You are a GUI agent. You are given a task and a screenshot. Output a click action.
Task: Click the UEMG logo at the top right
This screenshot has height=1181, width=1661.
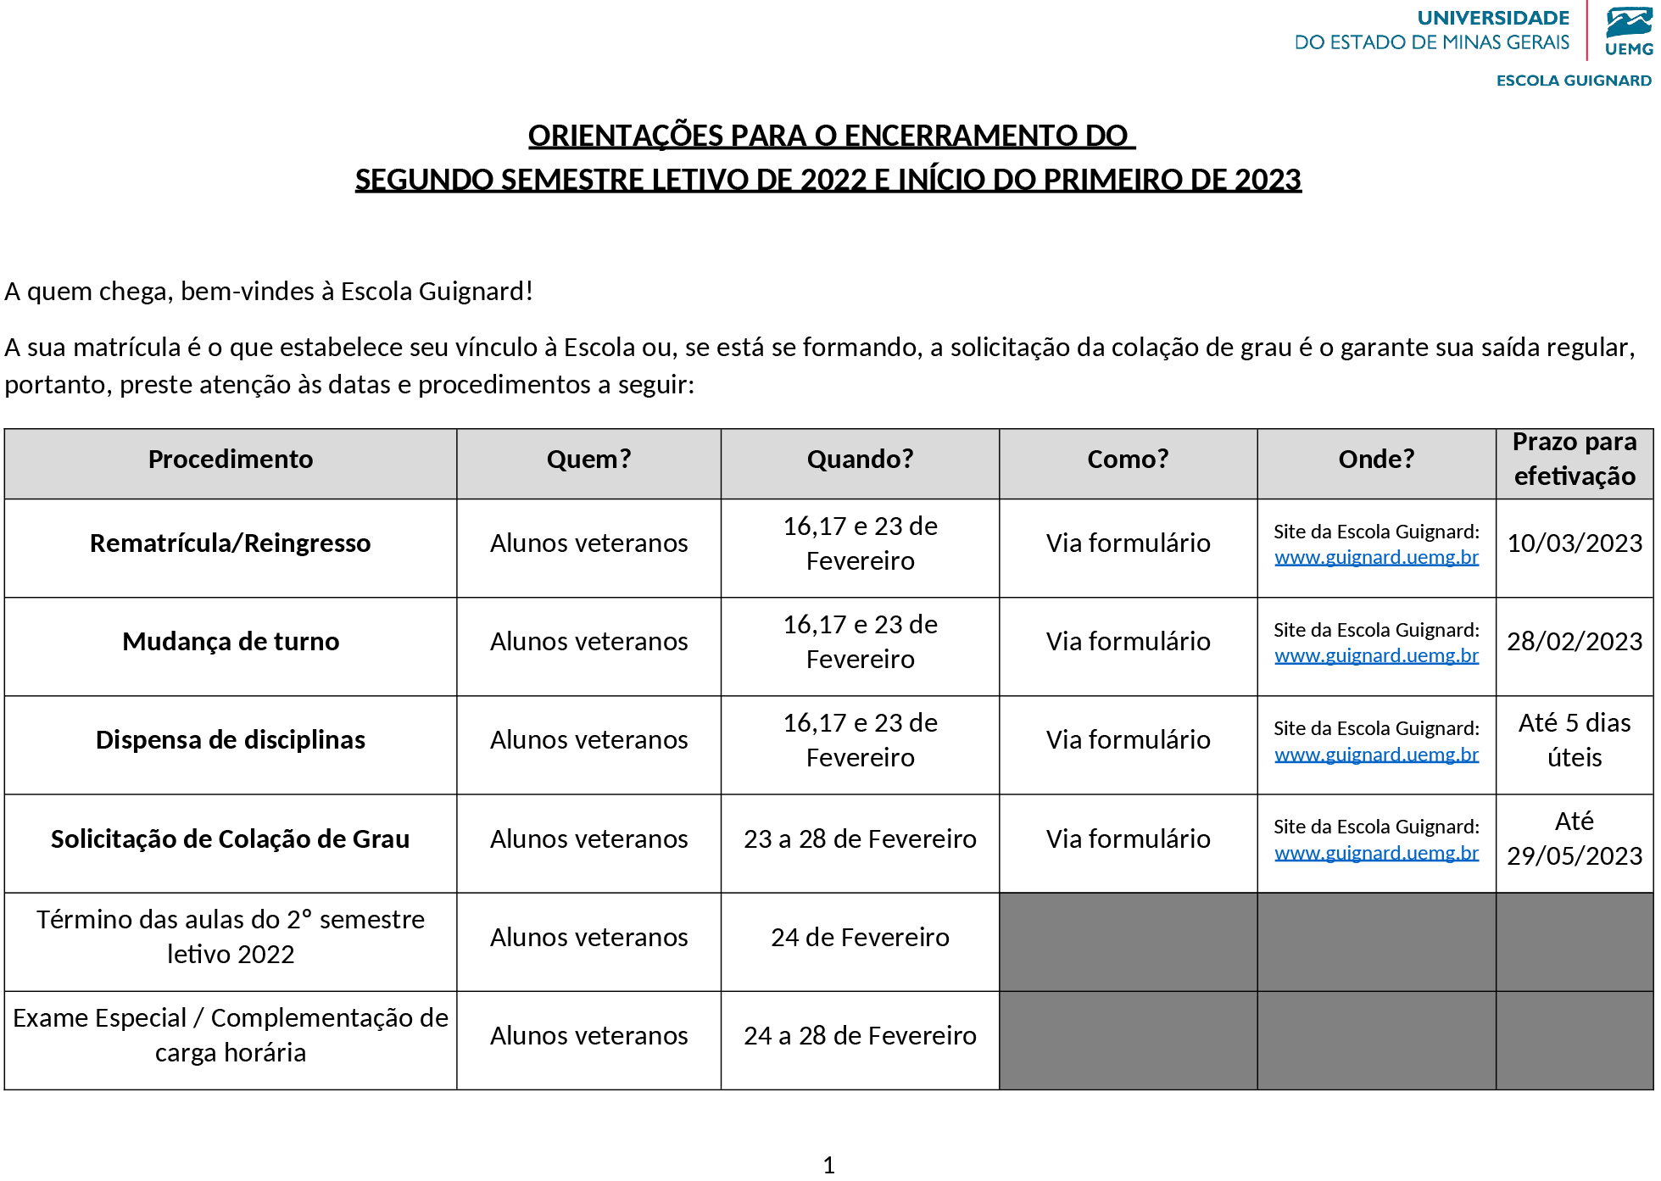(1629, 32)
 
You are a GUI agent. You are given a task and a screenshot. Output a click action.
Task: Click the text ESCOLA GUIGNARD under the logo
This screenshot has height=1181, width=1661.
(1574, 81)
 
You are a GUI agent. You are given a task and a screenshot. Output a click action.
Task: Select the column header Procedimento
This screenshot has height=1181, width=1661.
(231, 460)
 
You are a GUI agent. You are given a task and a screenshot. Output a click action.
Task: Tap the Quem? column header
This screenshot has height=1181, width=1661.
(588, 460)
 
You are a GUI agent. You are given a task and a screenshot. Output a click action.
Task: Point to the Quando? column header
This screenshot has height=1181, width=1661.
(860, 460)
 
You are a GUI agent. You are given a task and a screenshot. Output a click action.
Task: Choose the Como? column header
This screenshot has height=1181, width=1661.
(1128, 460)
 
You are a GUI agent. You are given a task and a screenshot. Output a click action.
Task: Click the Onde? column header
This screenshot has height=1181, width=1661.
(1376, 460)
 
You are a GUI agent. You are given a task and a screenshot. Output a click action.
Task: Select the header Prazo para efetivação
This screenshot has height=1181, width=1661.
(1575, 459)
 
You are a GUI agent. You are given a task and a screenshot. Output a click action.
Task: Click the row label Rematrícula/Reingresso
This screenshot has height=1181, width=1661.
(231, 543)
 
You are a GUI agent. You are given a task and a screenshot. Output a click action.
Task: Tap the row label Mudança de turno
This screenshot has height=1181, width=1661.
(231, 642)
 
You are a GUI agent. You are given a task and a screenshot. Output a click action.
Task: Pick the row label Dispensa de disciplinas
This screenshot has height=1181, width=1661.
(231, 740)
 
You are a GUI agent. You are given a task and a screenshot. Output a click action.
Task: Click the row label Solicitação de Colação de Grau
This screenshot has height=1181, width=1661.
(231, 839)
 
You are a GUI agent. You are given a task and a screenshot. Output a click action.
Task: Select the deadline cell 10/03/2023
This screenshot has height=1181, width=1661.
(1575, 543)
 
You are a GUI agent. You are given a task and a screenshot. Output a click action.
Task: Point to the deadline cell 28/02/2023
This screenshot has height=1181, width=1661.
(1575, 642)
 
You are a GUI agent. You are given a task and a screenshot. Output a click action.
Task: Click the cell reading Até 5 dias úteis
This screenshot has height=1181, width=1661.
(1575, 740)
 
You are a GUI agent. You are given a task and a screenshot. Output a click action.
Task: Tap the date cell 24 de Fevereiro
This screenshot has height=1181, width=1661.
(860, 938)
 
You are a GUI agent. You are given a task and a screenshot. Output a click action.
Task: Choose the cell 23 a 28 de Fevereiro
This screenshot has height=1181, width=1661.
(860, 839)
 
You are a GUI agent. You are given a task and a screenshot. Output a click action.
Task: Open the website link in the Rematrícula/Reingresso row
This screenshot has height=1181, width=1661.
(1376, 558)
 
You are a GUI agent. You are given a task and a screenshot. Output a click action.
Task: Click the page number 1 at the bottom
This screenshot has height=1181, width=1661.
(829, 1165)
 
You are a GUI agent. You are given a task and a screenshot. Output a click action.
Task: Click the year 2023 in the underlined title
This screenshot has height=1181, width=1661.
(1268, 180)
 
